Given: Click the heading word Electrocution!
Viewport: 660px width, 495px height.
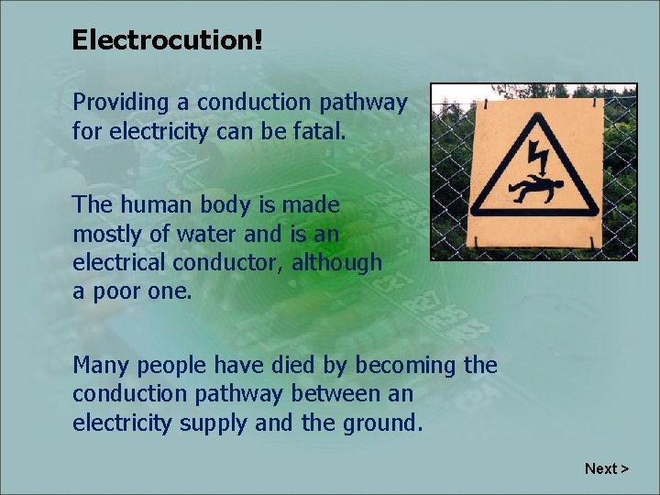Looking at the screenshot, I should coord(167,40).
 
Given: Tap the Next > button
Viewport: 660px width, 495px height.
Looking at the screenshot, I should coord(607,468).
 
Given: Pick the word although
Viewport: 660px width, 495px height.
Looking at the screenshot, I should coord(337,263).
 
